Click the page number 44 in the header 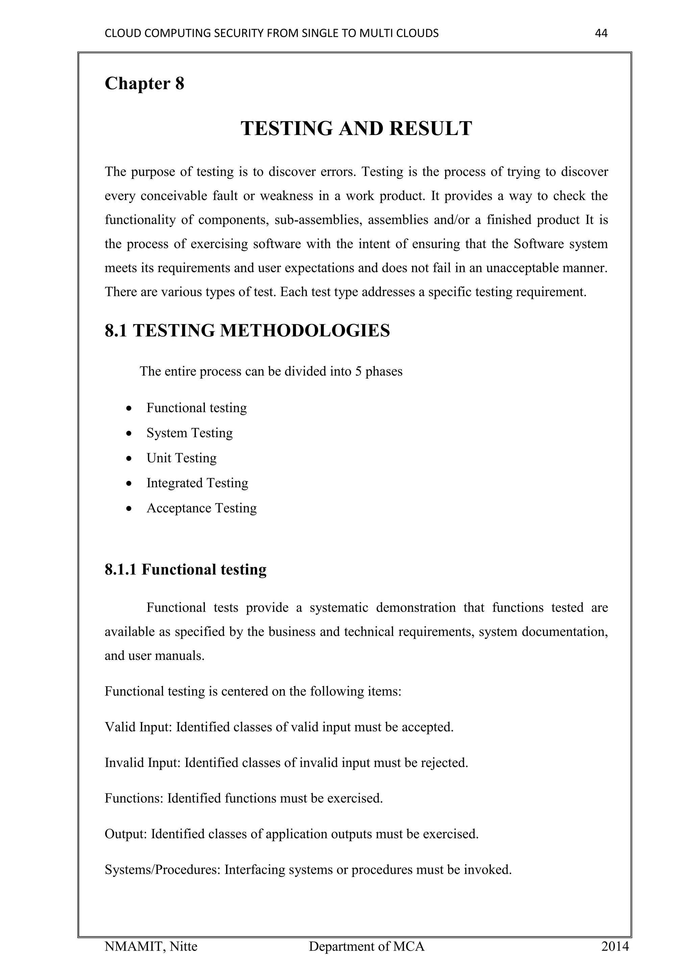pyautogui.click(x=601, y=33)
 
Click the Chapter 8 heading pyautogui.click(x=145, y=83)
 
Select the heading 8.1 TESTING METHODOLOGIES pyautogui.click(x=247, y=331)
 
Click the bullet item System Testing pyautogui.click(x=190, y=433)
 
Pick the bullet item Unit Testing pyautogui.click(x=181, y=458)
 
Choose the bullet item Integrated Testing pyautogui.click(x=197, y=483)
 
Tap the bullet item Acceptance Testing pyautogui.click(x=201, y=508)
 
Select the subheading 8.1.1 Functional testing pyautogui.click(x=186, y=569)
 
